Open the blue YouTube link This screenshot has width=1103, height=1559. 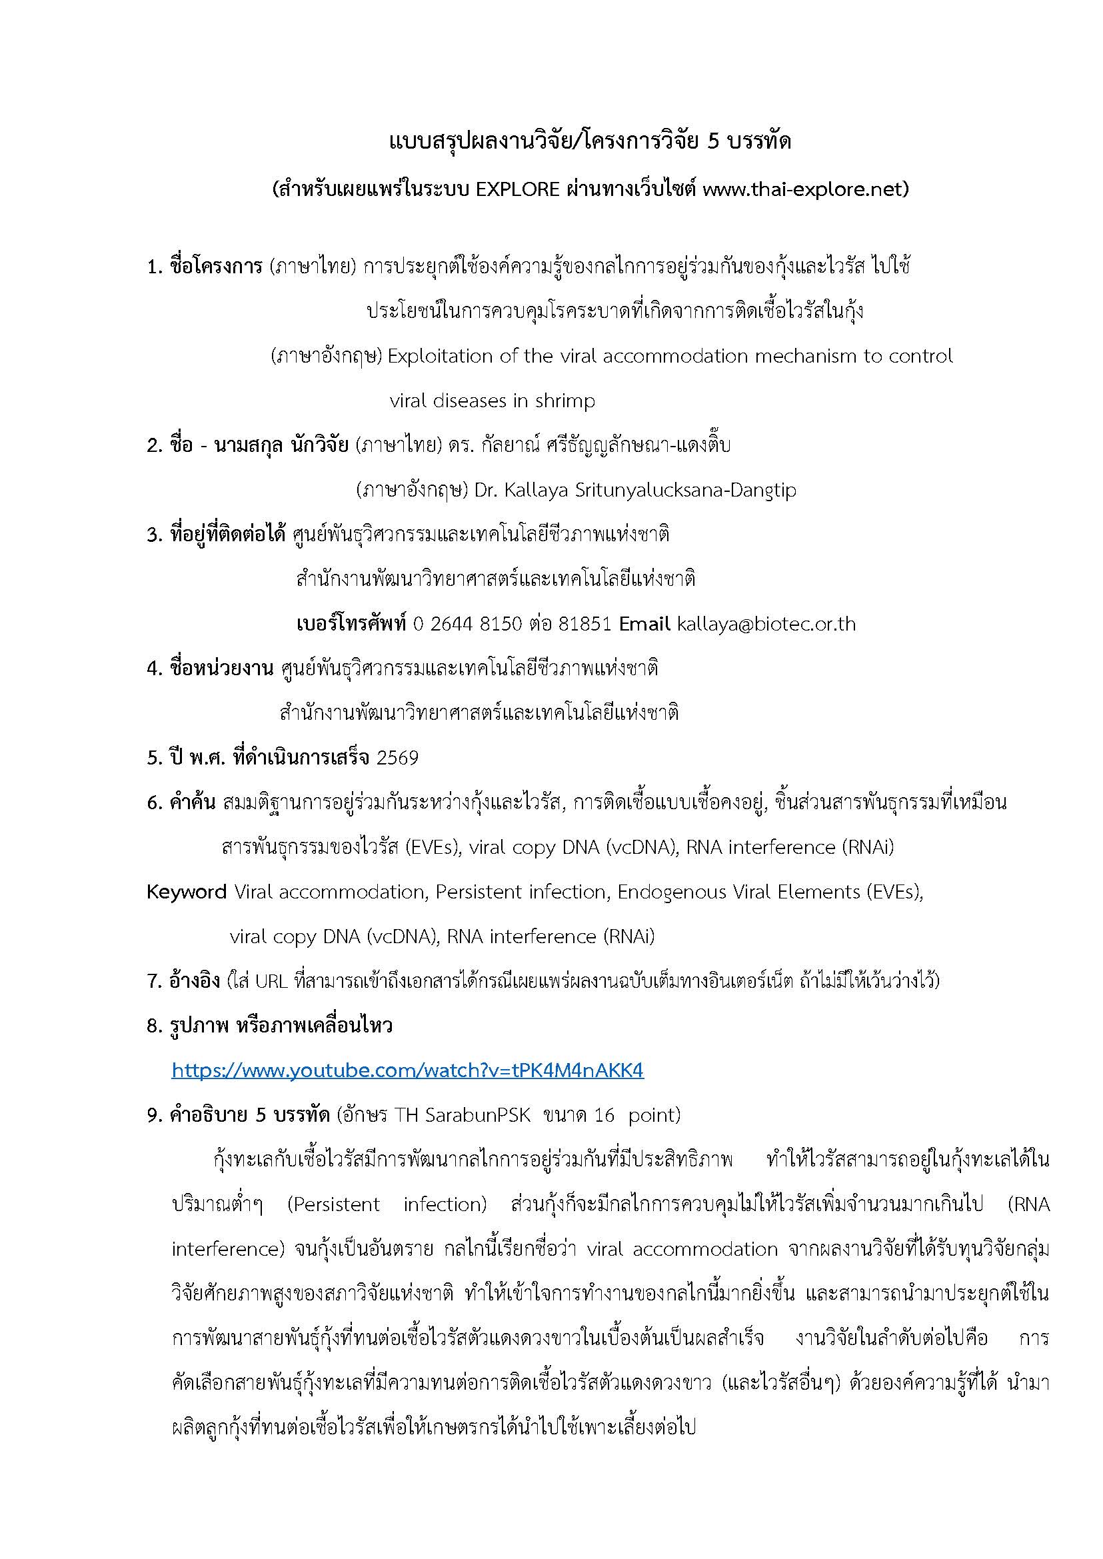[407, 1071]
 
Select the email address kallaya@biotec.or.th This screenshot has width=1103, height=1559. [766, 624]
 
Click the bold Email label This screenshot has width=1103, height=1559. [644, 624]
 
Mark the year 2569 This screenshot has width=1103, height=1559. [397, 757]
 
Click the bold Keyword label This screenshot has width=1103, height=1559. [187, 892]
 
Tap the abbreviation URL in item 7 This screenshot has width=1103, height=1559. [273, 981]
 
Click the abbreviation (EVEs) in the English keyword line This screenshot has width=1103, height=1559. [894, 892]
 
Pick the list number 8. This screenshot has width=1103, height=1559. [153, 1026]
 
